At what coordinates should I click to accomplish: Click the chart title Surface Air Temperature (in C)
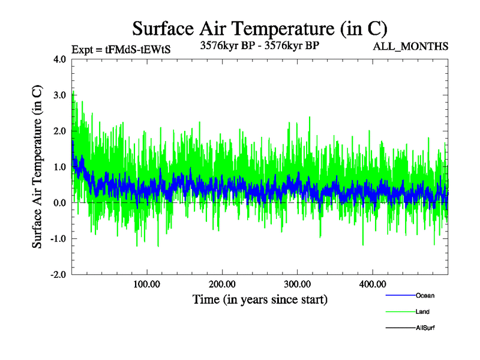click(x=259, y=28)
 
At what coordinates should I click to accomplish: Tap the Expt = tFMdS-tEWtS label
click(x=121, y=49)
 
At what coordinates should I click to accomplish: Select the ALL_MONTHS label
click(x=410, y=46)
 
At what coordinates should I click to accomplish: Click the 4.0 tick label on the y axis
click(x=60, y=59)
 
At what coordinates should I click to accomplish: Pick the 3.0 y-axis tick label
click(x=60, y=95)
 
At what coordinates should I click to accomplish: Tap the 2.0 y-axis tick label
click(x=60, y=131)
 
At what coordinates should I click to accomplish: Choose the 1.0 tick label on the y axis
click(x=60, y=167)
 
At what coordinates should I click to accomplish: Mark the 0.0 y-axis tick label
click(x=60, y=203)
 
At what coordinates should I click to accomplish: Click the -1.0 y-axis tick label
click(x=58, y=239)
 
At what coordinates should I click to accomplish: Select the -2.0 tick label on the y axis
click(x=58, y=274)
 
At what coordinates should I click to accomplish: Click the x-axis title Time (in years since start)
click(x=260, y=299)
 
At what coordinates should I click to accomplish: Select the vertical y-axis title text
click(x=37, y=167)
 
